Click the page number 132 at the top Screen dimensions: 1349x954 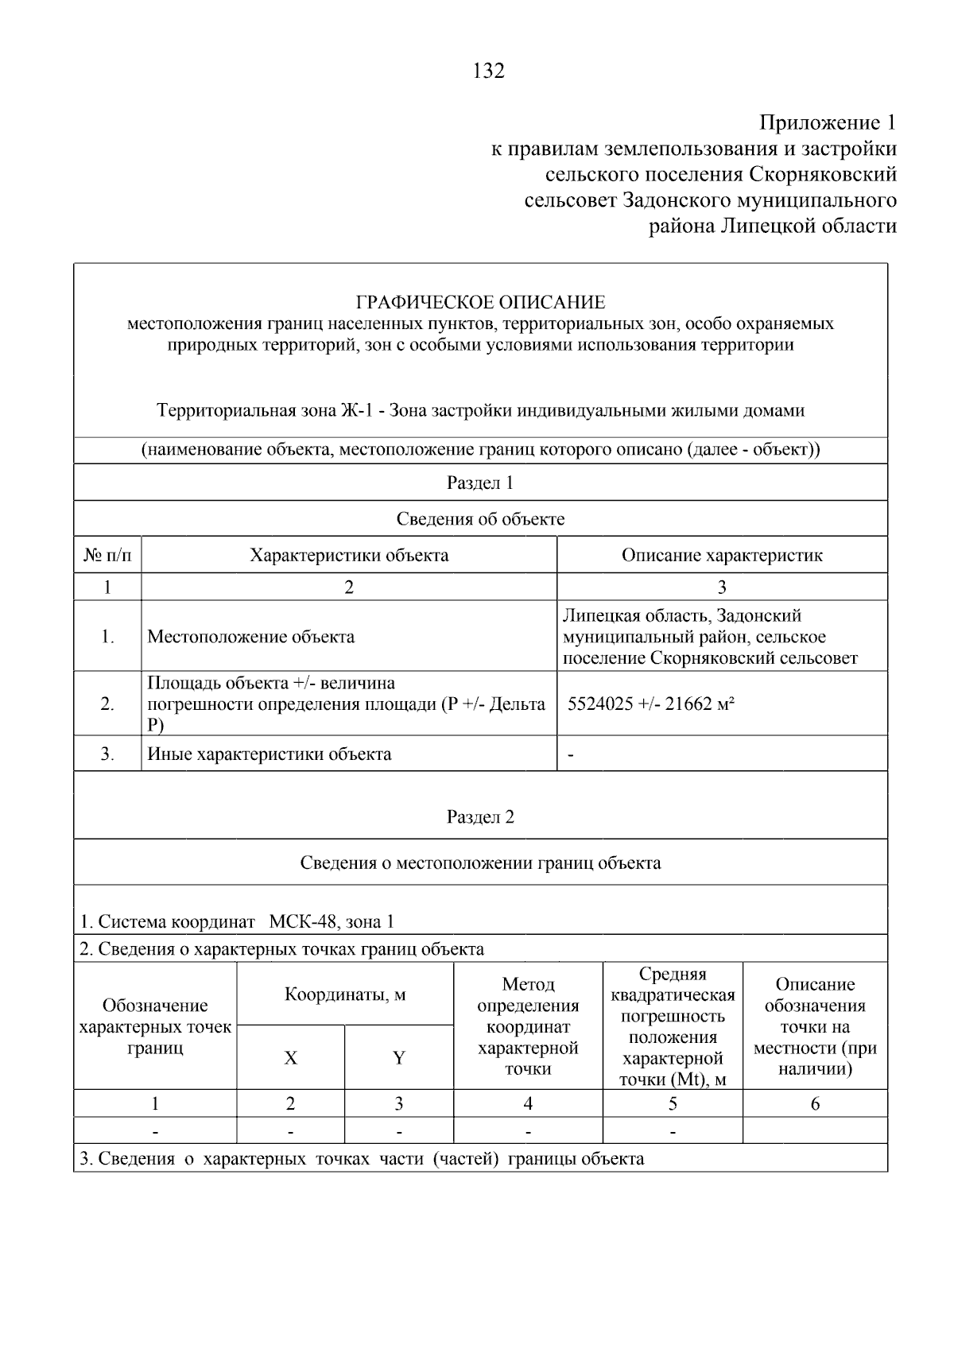click(x=488, y=72)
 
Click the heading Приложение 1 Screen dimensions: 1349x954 click(x=828, y=123)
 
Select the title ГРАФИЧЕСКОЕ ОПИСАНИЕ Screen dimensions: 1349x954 click(x=480, y=303)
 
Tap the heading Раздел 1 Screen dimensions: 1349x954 click(x=480, y=483)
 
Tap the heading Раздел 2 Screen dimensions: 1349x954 click(x=480, y=817)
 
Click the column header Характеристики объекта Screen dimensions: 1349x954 click(x=349, y=555)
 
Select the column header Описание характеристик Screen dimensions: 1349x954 click(x=721, y=555)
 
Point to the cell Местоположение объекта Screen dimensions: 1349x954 click(x=251, y=637)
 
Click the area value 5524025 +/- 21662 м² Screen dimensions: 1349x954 click(x=651, y=704)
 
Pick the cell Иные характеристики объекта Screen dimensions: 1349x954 click(x=270, y=754)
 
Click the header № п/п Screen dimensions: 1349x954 click(x=107, y=555)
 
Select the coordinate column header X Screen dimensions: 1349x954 click(x=291, y=1058)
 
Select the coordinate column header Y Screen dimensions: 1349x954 click(x=399, y=1058)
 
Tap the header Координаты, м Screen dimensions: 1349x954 click(x=345, y=994)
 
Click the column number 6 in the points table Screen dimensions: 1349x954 click(x=815, y=1103)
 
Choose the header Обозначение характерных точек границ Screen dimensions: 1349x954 click(x=155, y=1026)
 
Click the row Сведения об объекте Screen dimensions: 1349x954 click(x=480, y=519)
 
